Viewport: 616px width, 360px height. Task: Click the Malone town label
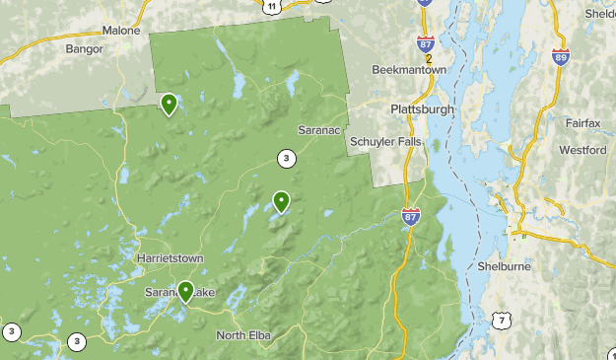pyautogui.click(x=122, y=31)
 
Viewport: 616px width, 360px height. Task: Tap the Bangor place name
pyautogui.click(x=84, y=48)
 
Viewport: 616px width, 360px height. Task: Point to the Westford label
pyautogui.click(x=582, y=150)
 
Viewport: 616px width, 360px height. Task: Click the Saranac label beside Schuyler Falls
pyautogui.click(x=320, y=129)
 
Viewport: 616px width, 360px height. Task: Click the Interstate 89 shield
pyautogui.click(x=561, y=58)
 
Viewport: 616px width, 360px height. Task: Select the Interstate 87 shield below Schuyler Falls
pyautogui.click(x=411, y=215)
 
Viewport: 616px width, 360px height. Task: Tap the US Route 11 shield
pyautogui.click(x=271, y=6)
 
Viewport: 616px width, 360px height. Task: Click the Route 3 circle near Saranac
pyautogui.click(x=286, y=158)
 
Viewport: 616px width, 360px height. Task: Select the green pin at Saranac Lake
pyautogui.click(x=185, y=290)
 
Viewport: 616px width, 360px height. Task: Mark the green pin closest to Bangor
pyautogui.click(x=170, y=103)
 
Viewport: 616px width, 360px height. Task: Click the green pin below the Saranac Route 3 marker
pyautogui.click(x=282, y=201)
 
